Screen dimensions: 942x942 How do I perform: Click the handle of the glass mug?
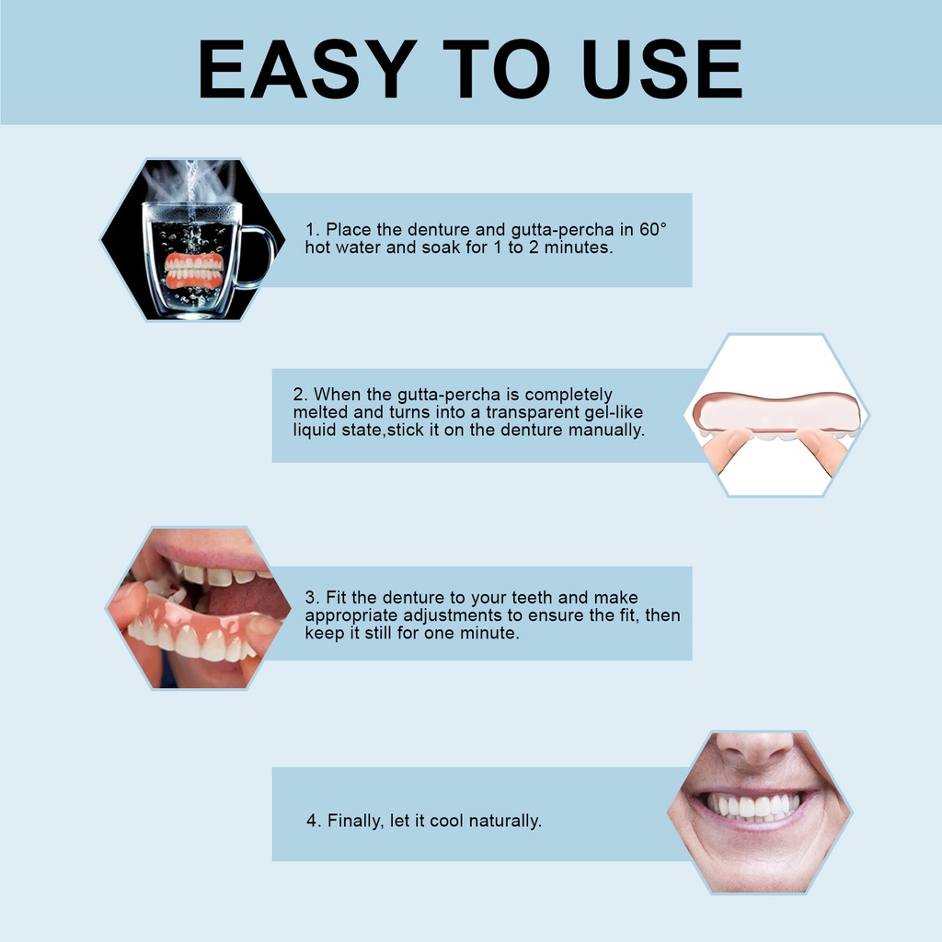259,256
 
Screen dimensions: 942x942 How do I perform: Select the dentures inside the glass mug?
193,270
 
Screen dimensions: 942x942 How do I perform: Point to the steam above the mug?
191,179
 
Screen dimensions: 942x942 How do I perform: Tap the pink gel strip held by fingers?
776,412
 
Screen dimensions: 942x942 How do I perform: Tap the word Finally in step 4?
355,821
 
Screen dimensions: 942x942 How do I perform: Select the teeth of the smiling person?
753,806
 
